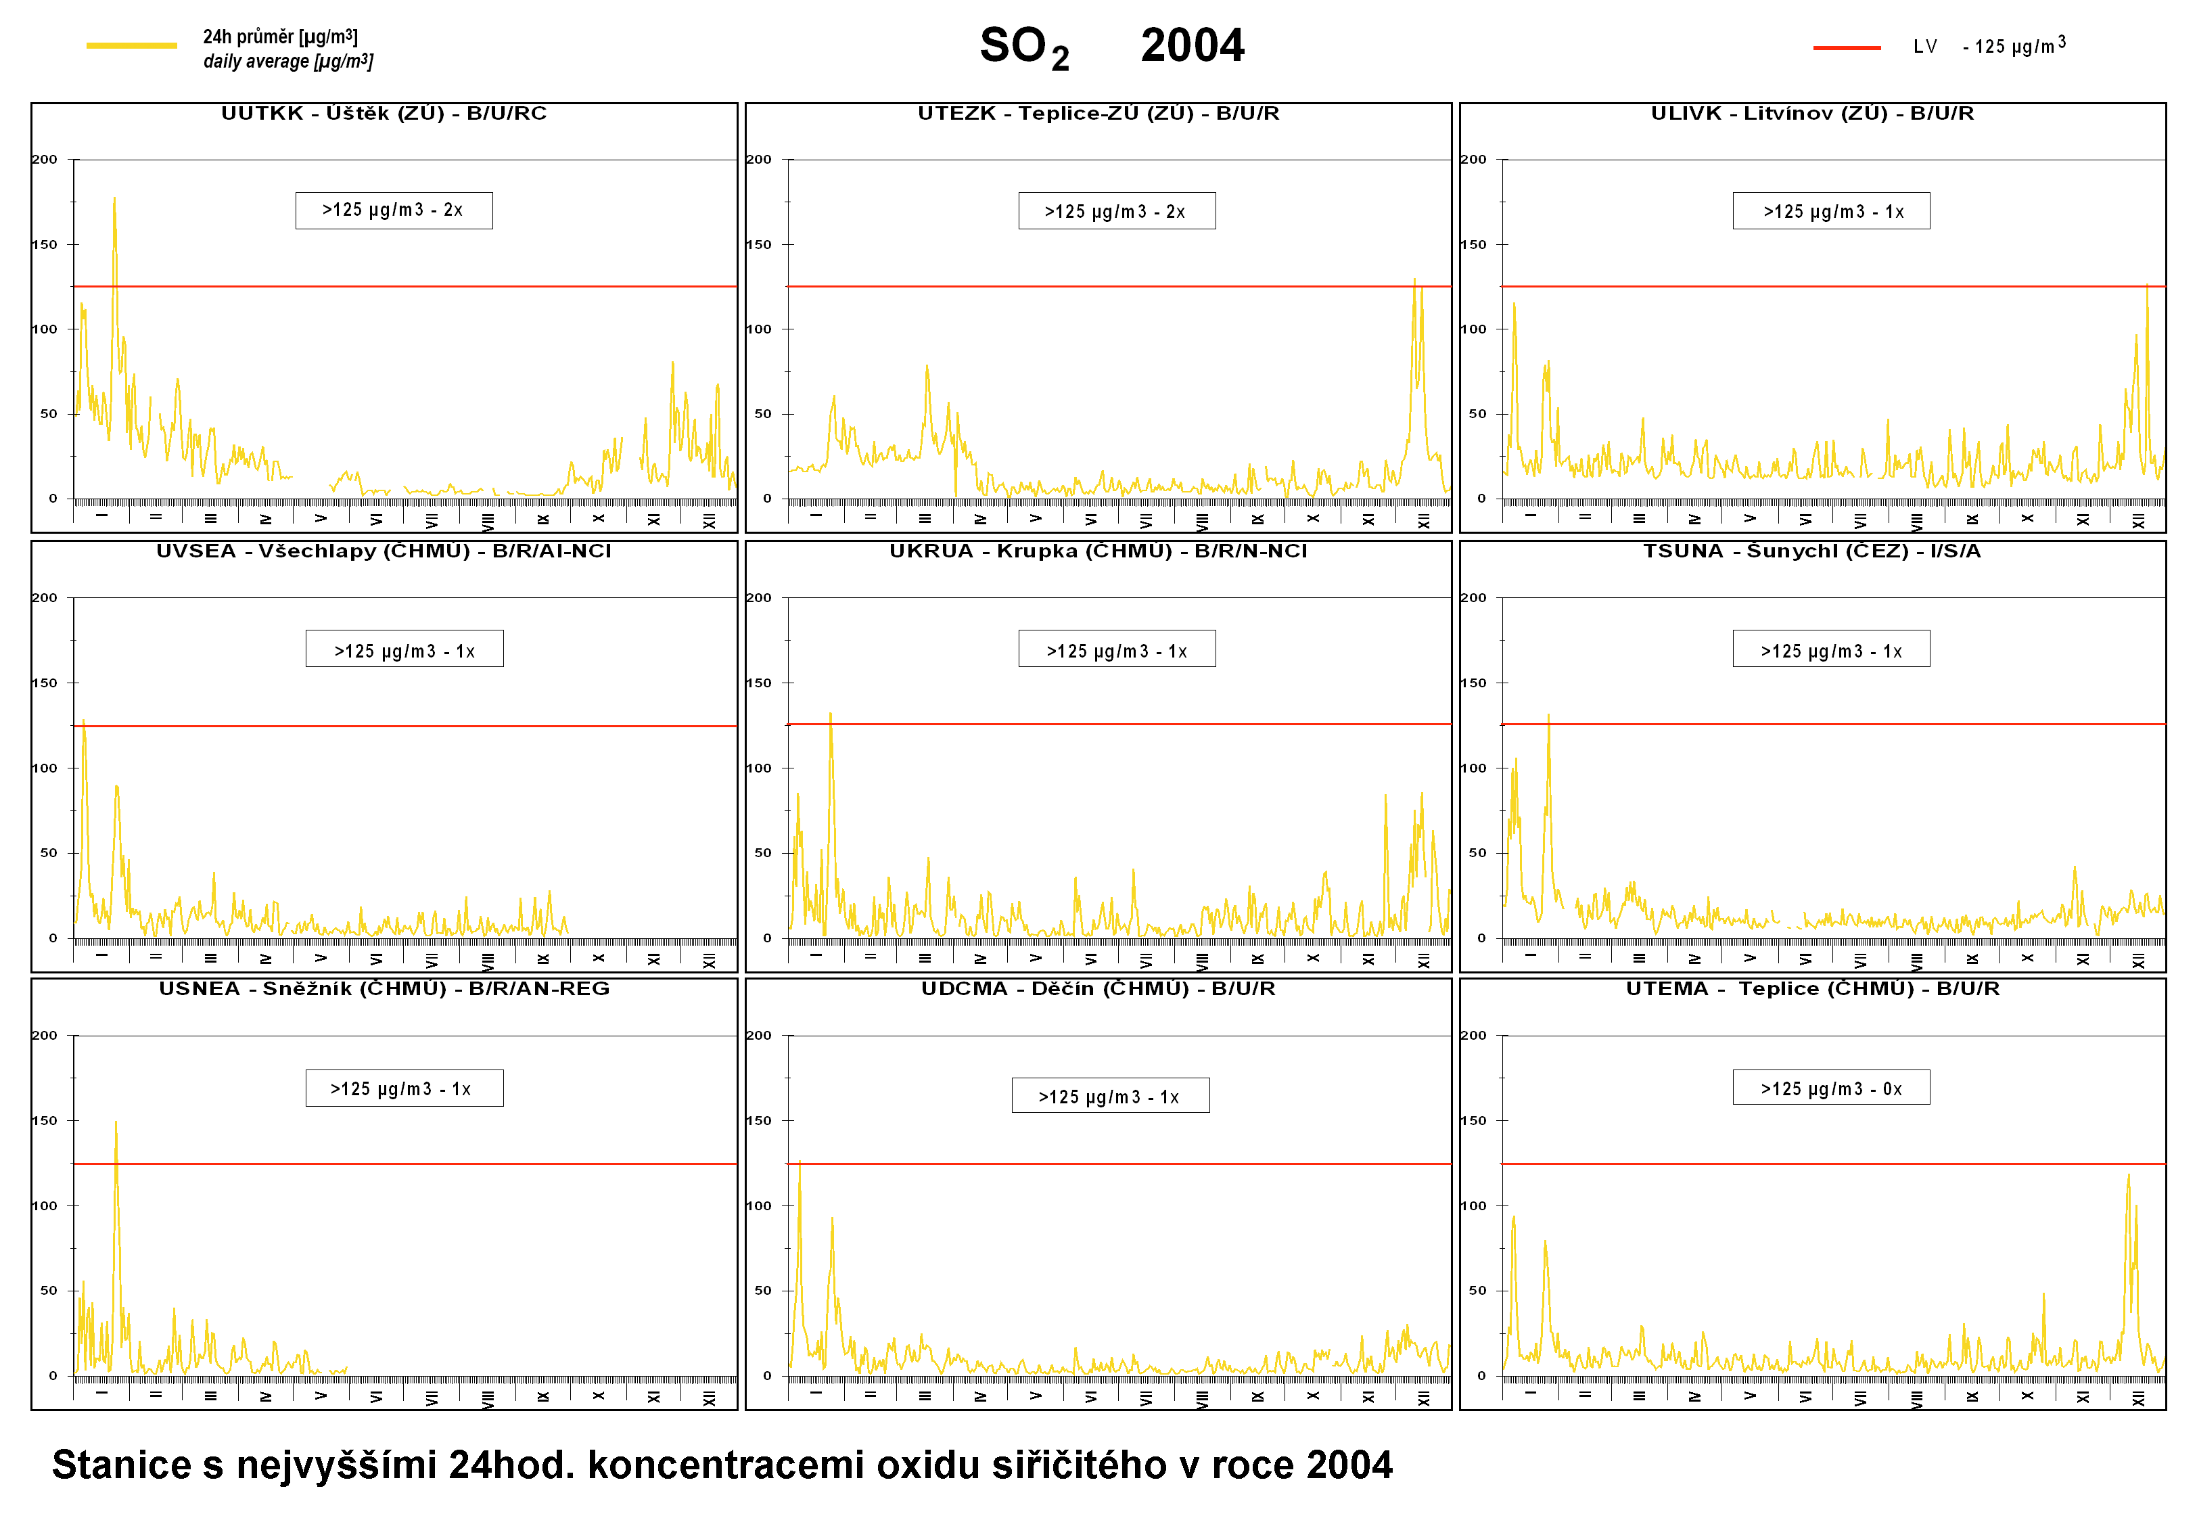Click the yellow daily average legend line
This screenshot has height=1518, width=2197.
pos(131,45)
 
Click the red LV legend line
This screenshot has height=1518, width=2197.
pos(1846,47)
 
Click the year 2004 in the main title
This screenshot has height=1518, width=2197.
pos(1192,45)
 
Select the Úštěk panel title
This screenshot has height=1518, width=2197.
pos(384,113)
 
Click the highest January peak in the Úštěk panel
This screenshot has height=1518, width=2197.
pos(114,200)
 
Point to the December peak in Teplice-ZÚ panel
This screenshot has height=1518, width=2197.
pos(1414,281)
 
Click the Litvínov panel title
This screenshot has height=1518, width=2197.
pos(1812,113)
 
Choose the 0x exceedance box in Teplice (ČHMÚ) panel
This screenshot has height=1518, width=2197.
pos(1831,1088)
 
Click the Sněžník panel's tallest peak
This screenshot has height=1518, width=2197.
pos(116,1124)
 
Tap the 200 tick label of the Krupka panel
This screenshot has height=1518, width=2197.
pos(758,598)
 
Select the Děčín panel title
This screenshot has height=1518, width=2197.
pos(1098,989)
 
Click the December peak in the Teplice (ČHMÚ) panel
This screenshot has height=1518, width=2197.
pos(2129,1176)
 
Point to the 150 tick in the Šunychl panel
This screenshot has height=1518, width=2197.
pos(1473,683)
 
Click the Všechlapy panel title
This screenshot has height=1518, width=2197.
pos(384,551)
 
